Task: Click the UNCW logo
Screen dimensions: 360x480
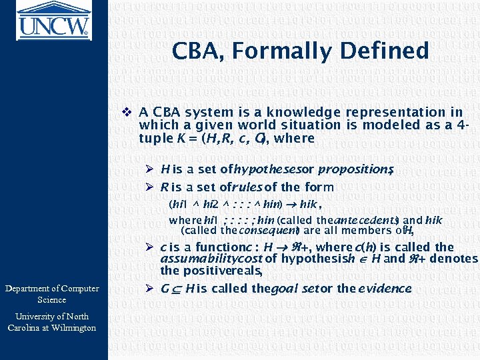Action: click(x=53, y=19)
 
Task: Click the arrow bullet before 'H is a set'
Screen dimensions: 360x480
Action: click(x=151, y=170)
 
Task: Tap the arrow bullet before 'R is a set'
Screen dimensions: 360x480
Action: click(x=151, y=187)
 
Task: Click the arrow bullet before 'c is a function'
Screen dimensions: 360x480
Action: click(x=151, y=247)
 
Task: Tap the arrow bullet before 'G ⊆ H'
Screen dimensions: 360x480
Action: click(x=151, y=289)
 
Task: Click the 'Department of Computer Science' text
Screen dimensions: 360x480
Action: click(x=52, y=294)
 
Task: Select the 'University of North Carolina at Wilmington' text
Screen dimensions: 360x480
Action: click(x=52, y=321)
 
